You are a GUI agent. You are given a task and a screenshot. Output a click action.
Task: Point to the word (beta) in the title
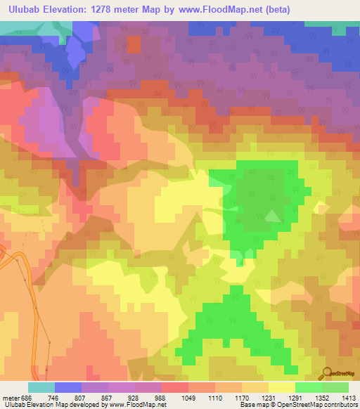(x=257, y=10)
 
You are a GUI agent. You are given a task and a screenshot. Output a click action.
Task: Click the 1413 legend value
(x=348, y=396)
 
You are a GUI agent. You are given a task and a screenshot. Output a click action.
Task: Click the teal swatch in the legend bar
(x=41, y=387)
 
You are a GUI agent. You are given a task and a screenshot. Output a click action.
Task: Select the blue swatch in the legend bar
(x=68, y=387)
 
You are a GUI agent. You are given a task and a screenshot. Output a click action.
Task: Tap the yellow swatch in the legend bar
(x=281, y=387)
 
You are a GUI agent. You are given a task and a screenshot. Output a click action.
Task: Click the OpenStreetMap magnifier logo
(x=327, y=372)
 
